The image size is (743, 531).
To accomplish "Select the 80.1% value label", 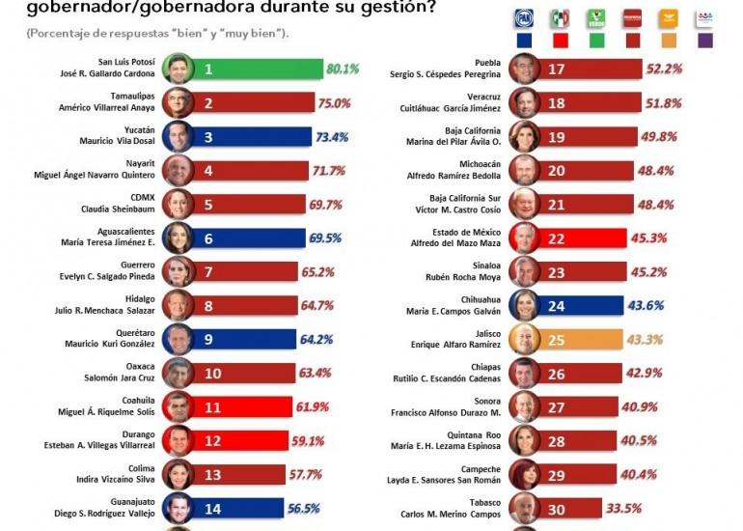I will (343, 70).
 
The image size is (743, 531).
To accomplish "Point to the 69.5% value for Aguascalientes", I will (337, 237).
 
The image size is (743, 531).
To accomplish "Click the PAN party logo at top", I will (523, 17).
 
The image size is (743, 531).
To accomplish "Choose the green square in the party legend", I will (596, 41).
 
